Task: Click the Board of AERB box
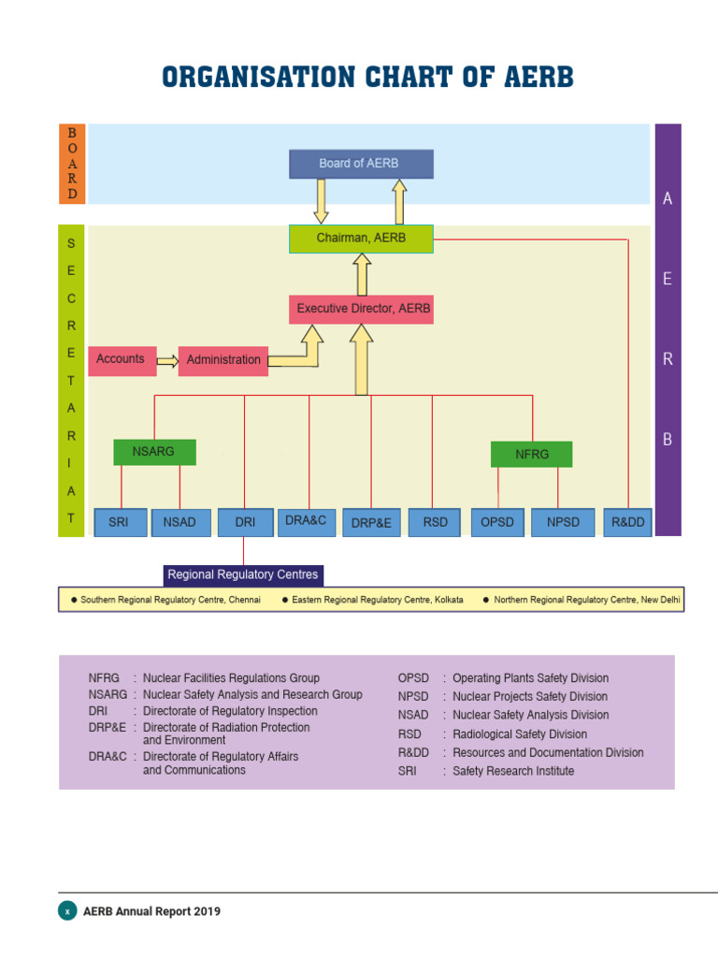[x=361, y=164]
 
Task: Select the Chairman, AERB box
[x=361, y=239]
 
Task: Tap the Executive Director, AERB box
[x=361, y=309]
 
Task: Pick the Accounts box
[x=122, y=360]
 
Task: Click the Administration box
[x=223, y=360]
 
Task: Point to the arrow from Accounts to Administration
[x=167, y=361]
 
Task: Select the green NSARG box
[x=155, y=452]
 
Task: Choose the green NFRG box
[x=531, y=455]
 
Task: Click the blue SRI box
[x=120, y=522]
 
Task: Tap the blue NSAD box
[x=180, y=522]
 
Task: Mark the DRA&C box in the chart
[x=306, y=521]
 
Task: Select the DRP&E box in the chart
[x=371, y=523]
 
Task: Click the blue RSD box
[x=435, y=522]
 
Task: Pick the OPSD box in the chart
[x=498, y=522]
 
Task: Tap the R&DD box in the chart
[x=628, y=522]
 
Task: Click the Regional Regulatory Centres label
[x=243, y=574]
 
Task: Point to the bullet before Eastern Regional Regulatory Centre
[x=285, y=600]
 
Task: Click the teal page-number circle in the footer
[x=67, y=910]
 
